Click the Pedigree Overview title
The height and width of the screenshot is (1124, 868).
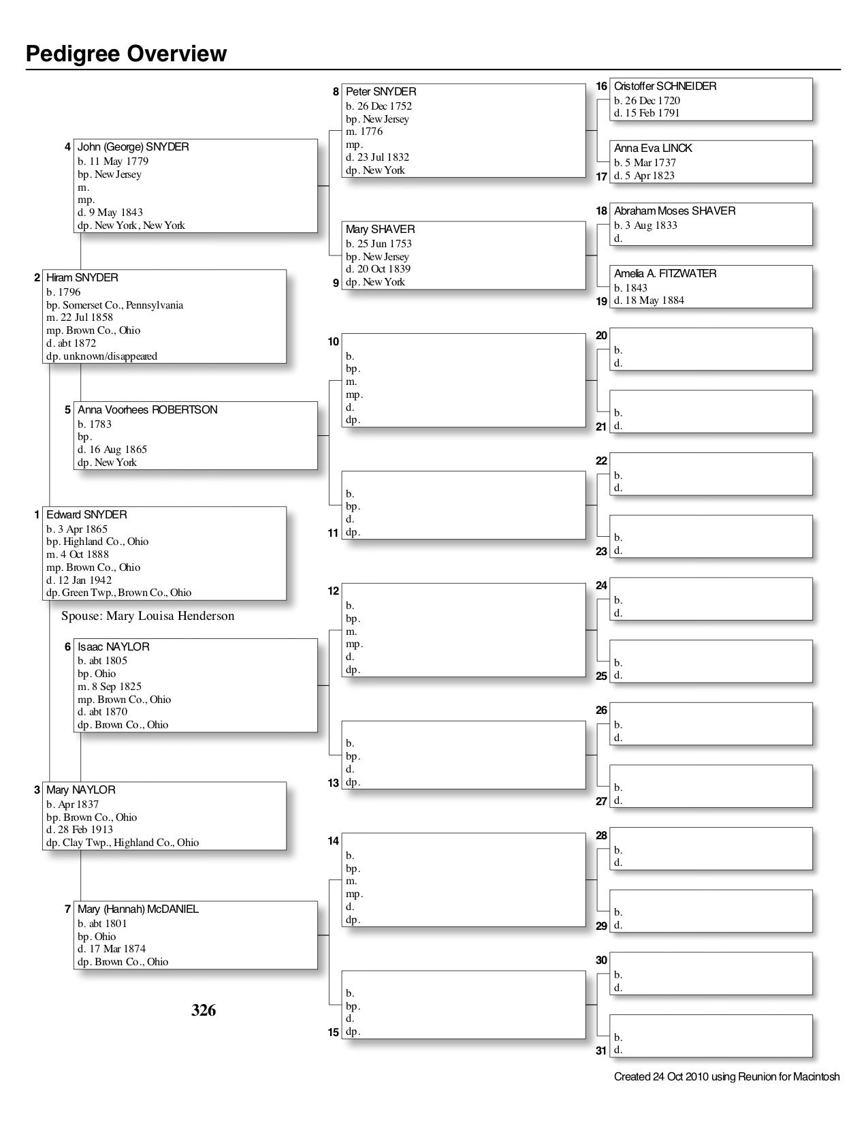(126, 54)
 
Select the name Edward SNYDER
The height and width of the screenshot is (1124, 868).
(86, 515)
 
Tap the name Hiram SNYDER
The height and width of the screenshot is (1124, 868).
(82, 278)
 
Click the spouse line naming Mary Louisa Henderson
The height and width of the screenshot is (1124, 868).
(148, 616)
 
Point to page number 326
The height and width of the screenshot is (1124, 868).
(204, 1010)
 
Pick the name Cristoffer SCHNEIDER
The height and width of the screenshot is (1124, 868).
(665, 87)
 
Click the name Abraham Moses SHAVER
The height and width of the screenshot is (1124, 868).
(675, 211)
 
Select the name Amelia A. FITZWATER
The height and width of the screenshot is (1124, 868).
(665, 274)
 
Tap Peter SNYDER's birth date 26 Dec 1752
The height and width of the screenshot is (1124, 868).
(379, 106)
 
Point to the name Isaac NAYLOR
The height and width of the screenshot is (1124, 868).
(113, 647)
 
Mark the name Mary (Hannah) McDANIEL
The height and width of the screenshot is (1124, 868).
(138, 909)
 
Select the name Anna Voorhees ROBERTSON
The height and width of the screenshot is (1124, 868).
(148, 410)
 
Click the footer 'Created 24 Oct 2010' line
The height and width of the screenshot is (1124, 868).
(726, 1077)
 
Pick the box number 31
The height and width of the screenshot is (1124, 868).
(601, 1050)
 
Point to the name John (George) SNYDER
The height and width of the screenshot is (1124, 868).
(133, 147)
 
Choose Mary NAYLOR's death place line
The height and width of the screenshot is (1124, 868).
(123, 843)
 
